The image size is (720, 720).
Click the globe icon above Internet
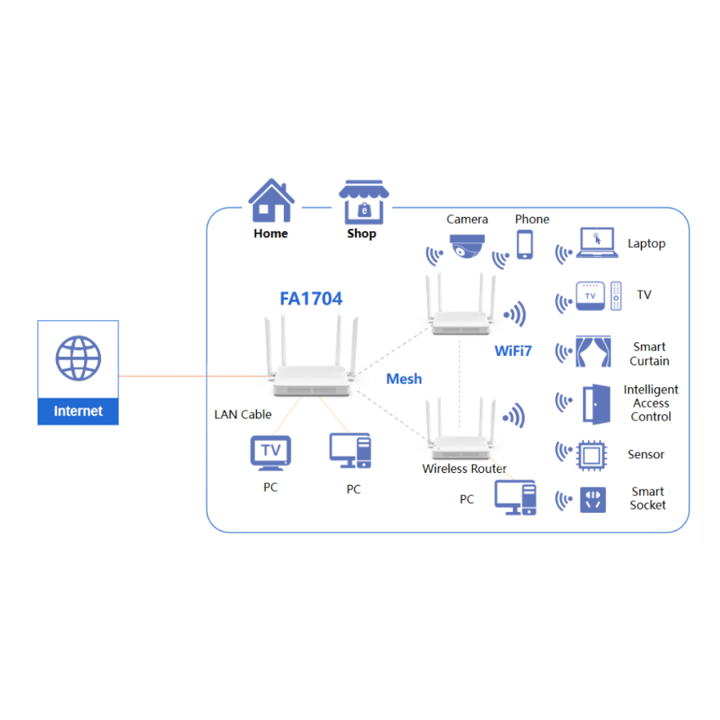(78, 358)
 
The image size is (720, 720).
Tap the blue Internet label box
(78, 411)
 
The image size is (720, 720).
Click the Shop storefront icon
(362, 202)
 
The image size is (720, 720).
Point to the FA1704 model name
(311, 299)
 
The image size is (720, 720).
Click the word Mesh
(404, 378)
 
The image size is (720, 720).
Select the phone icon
(525, 244)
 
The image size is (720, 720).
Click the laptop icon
(597, 243)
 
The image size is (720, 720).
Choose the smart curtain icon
(595, 352)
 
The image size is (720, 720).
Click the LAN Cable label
(243, 414)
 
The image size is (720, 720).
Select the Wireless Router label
(465, 469)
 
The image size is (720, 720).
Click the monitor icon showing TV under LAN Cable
(270, 453)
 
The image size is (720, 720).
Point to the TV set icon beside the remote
(590, 296)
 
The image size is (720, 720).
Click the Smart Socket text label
(647, 498)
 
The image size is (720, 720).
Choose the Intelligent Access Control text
(650, 403)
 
